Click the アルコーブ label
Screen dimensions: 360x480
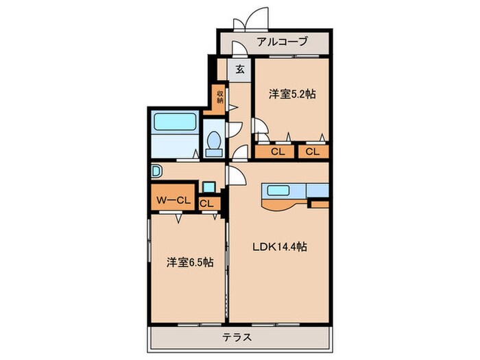coord(283,42)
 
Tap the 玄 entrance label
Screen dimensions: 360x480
coord(240,69)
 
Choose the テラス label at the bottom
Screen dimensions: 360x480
coord(237,337)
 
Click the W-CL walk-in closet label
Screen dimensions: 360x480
coord(171,201)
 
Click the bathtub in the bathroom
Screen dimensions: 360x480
coord(176,122)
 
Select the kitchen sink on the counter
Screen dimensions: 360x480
coord(279,191)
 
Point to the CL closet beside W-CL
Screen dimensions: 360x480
coord(206,203)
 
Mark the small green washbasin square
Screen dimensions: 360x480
coord(207,186)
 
